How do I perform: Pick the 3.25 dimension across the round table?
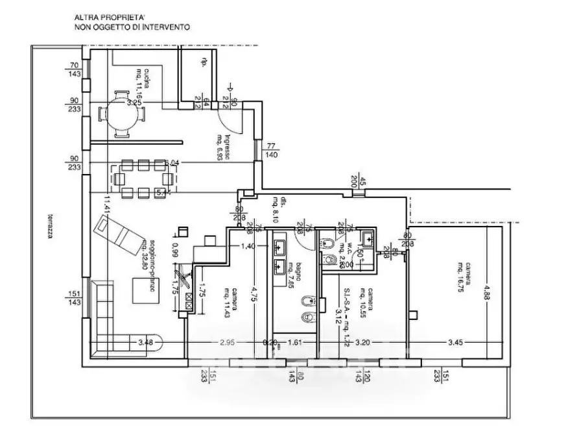[134, 103]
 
